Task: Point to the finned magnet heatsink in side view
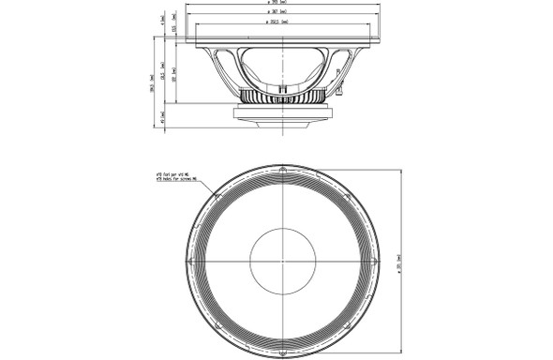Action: pos(282,97)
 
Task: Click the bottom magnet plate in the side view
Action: pos(282,116)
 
